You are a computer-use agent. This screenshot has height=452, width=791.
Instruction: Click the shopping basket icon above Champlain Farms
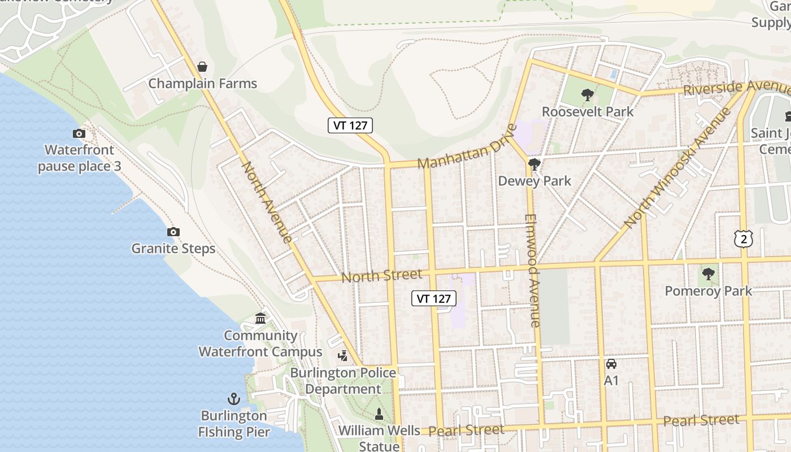[x=202, y=67]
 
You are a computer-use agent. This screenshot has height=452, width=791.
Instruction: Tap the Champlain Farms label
[x=202, y=84]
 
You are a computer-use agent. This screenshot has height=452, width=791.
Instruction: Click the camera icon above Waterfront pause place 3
[x=79, y=133]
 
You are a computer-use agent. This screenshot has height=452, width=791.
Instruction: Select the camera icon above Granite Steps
[x=173, y=232]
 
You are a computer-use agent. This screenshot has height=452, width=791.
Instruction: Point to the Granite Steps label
[x=173, y=249]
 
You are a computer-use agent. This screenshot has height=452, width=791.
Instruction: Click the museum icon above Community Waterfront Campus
[x=260, y=319]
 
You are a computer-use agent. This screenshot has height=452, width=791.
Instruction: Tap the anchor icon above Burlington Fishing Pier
[x=234, y=399]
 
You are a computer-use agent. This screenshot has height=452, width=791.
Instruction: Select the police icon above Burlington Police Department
[x=343, y=355]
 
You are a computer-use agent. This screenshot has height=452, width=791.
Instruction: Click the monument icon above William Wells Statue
[x=379, y=414]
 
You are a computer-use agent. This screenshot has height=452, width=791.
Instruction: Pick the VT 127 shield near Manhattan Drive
[x=350, y=125]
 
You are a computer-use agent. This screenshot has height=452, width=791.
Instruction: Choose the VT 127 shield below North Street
[x=433, y=298]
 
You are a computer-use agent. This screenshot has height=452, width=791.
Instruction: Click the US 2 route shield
[x=744, y=238]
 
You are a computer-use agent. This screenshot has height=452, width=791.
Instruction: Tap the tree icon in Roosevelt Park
[x=588, y=94]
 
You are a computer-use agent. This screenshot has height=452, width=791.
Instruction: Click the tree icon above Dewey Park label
[x=534, y=164]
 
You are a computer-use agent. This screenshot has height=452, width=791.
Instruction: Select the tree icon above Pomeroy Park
[x=708, y=274]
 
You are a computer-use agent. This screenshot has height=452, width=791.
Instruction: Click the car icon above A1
[x=611, y=363]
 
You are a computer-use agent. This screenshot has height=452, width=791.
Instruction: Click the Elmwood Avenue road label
[x=533, y=270]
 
